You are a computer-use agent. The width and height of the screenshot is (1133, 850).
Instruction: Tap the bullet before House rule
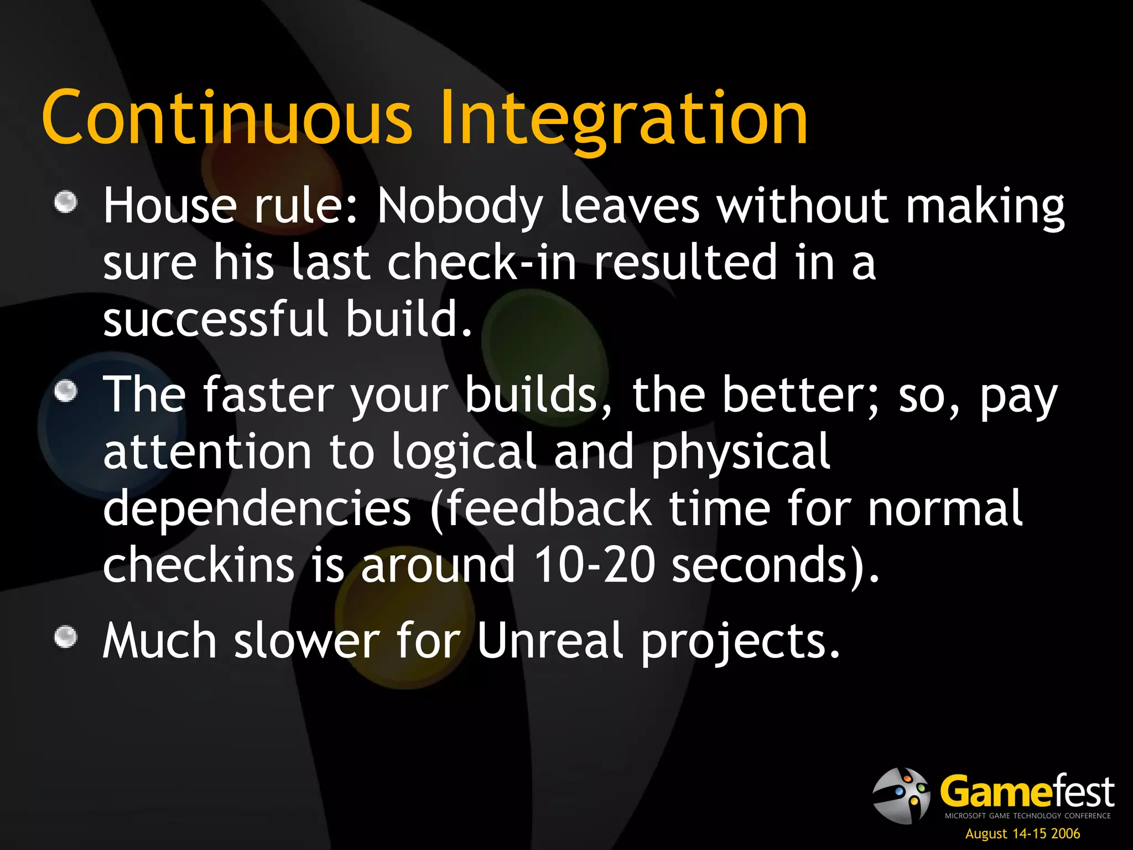[x=66, y=202]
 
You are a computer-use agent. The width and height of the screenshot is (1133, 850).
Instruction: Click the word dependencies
[x=257, y=509]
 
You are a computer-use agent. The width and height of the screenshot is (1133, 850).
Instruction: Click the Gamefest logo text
[x=1027, y=792]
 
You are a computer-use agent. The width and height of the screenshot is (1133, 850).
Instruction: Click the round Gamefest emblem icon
[x=901, y=796]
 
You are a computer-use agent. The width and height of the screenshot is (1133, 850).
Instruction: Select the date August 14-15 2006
[x=1022, y=834]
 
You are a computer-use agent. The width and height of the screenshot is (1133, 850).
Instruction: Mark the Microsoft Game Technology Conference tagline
[x=1027, y=816]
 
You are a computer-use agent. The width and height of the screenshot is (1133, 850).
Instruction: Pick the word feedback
[x=548, y=509]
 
